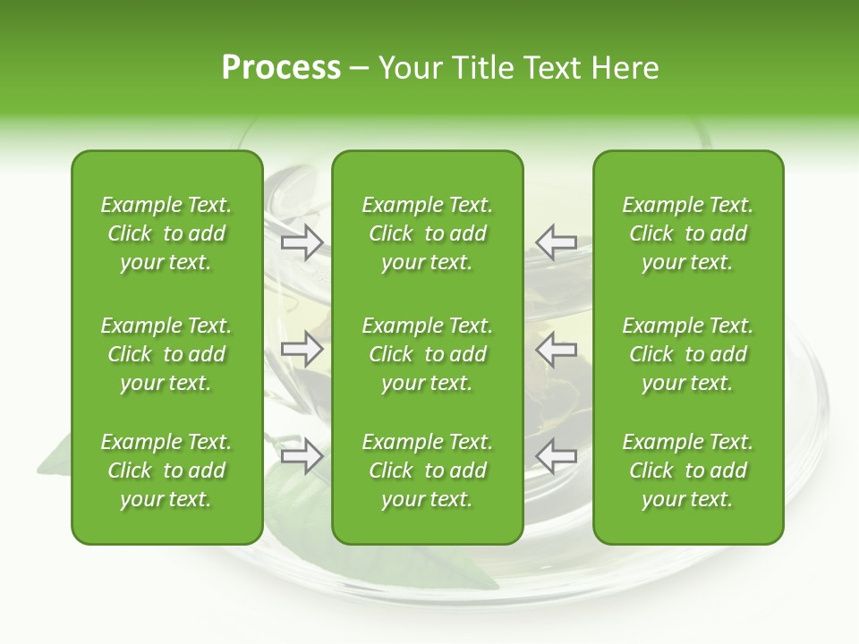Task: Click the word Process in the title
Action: tap(281, 68)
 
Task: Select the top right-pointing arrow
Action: tap(302, 241)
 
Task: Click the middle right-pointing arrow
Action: tap(302, 349)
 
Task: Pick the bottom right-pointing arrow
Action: tap(302, 456)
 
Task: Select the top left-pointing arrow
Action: tap(556, 241)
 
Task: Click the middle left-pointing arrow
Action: tap(556, 349)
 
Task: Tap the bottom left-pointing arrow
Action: tap(556, 456)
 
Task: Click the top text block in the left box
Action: tap(166, 233)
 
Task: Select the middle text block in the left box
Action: tap(166, 354)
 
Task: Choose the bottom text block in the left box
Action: tap(166, 470)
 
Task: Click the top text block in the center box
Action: tap(427, 233)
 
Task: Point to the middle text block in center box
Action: tap(427, 354)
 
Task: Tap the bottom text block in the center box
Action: tap(427, 470)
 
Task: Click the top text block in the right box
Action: tap(687, 233)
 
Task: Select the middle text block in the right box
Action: tap(687, 354)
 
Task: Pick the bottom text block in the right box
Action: tap(687, 470)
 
